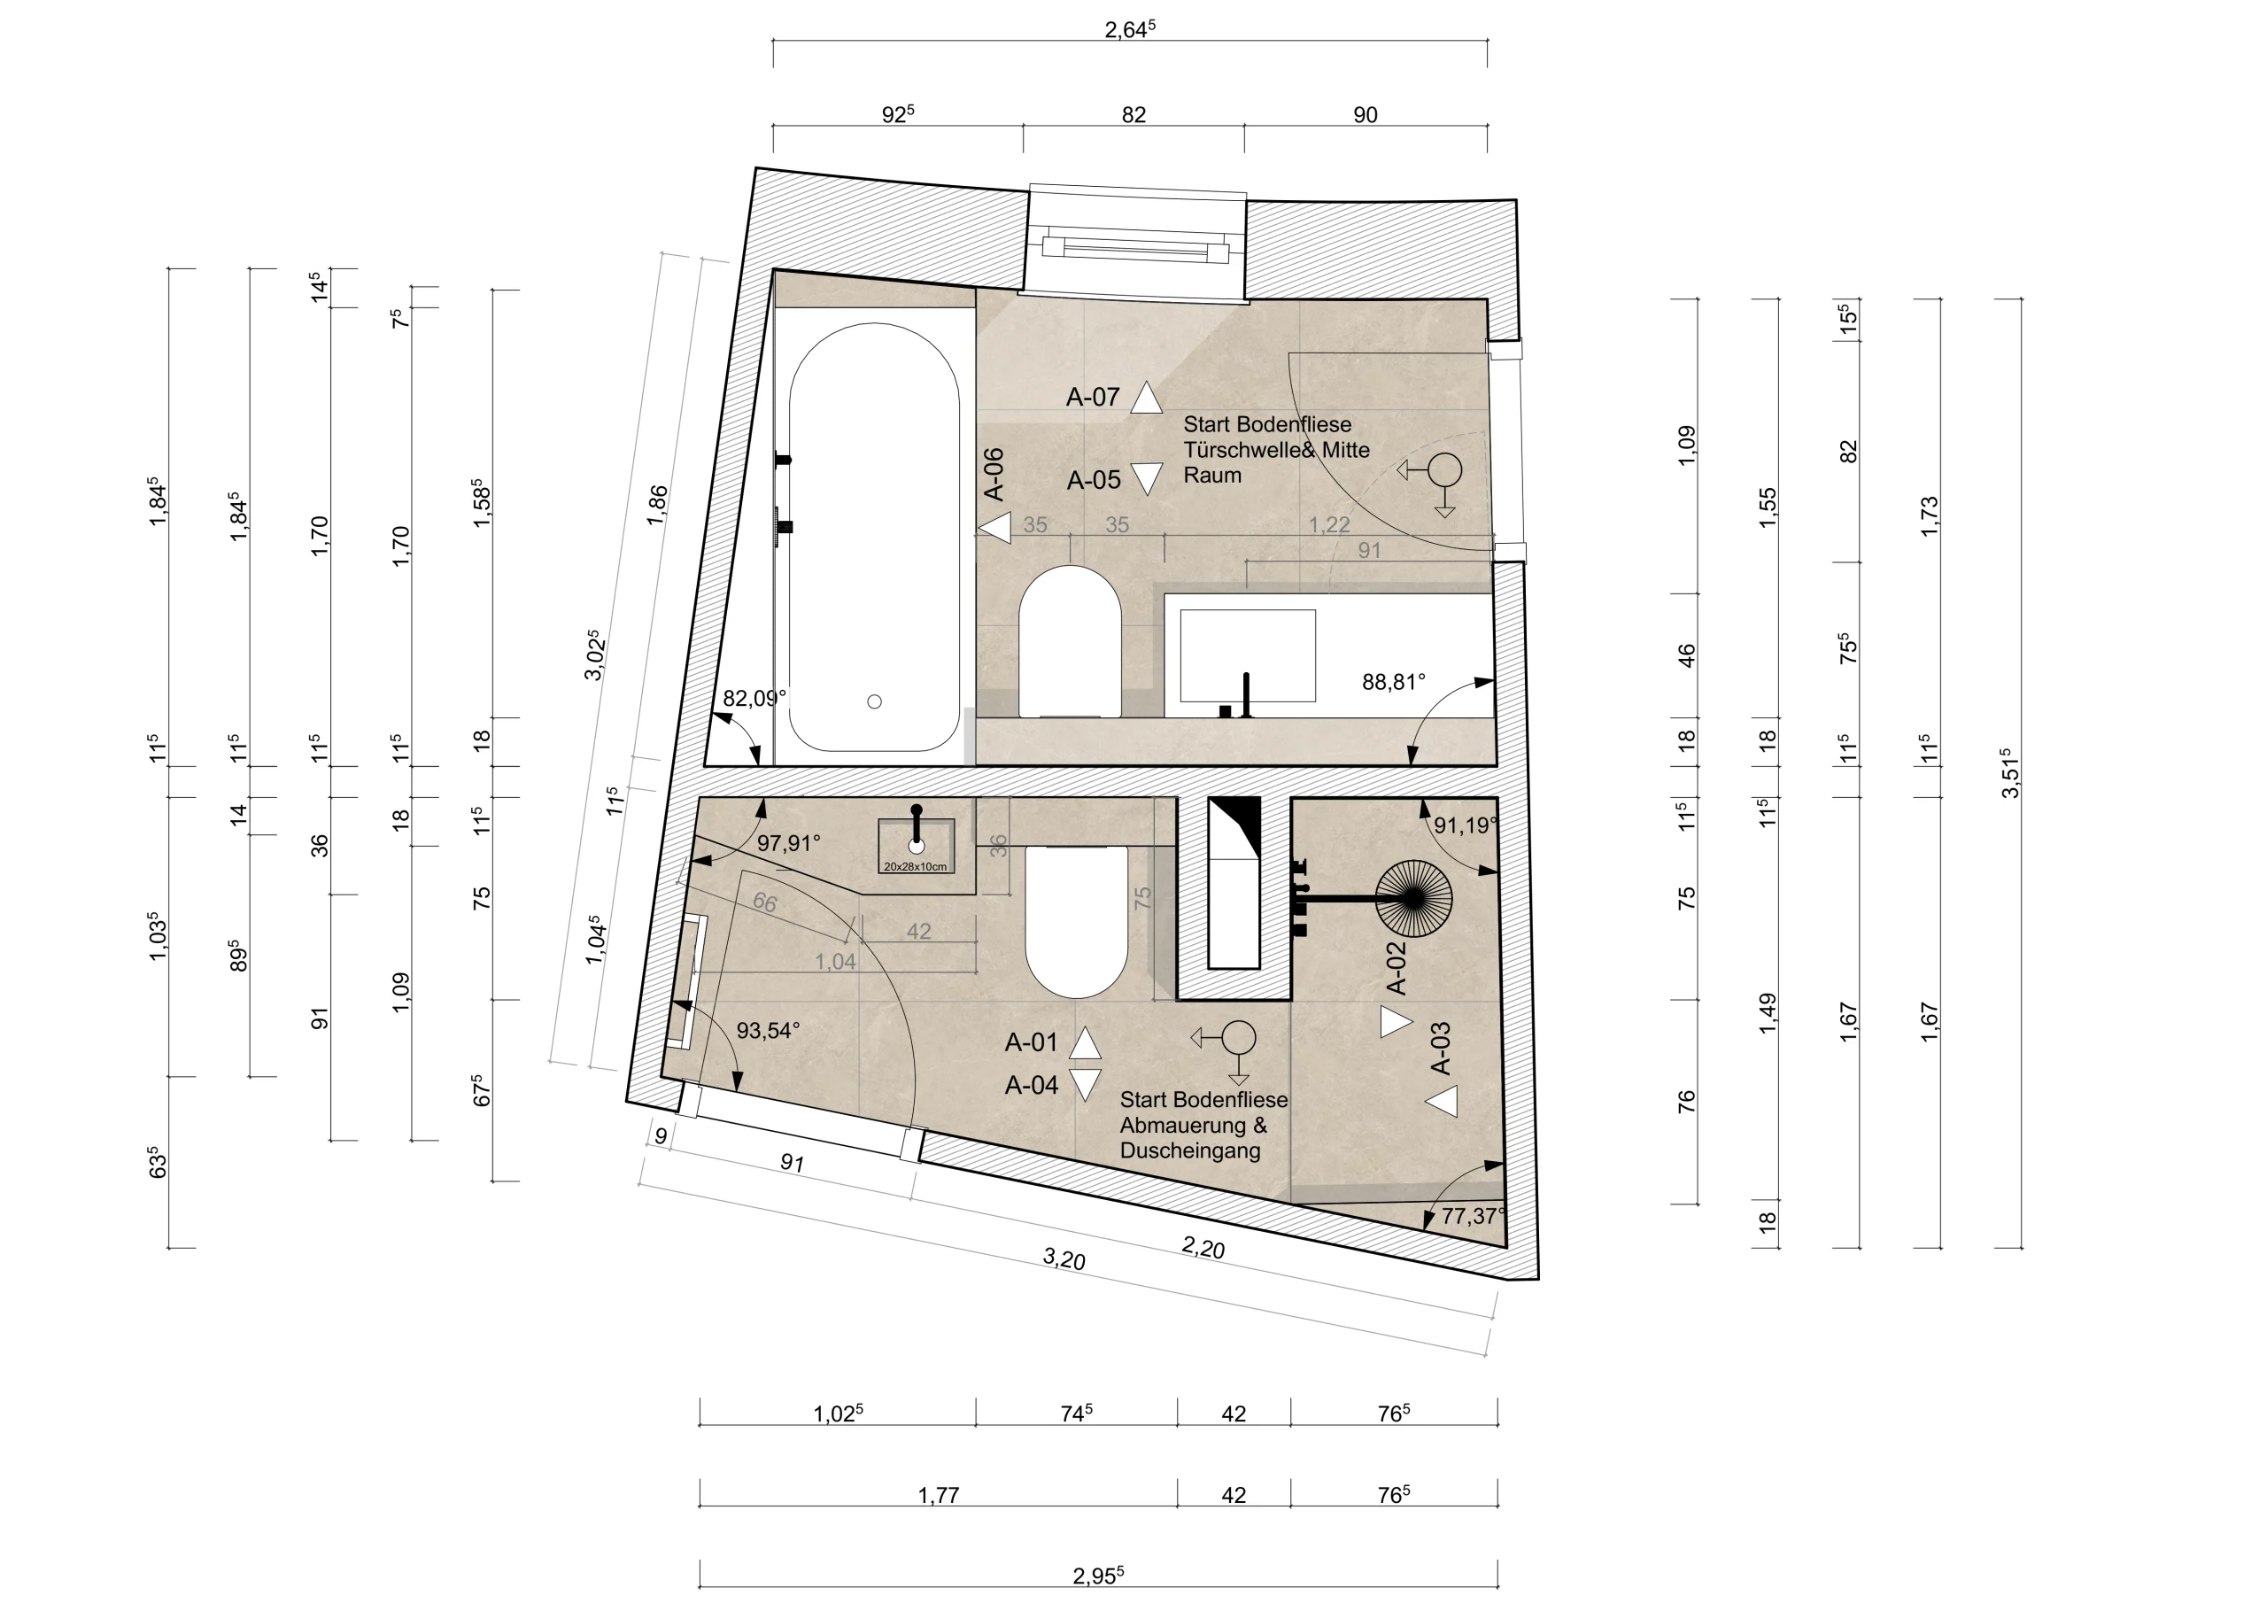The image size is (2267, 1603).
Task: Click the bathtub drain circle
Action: pyautogui.click(x=874, y=701)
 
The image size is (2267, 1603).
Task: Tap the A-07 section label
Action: pyautogui.click(x=1093, y=397)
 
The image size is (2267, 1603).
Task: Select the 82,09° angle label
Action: pyautogui.click(x=754, y=698)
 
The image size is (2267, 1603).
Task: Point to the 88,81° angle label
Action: pyautogui.click(x=1393, y=682)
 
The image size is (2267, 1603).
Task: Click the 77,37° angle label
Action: pyautogui.click(x=1474, y=1216)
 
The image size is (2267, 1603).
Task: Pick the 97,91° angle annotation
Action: pyautogui.click(x=789, y=842)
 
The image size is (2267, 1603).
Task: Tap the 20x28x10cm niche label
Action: pyautogui.click(x=916, y=867)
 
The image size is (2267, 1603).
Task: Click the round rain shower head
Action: pyautogui.click(x=1414, y=898)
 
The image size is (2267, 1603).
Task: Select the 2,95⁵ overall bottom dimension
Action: pyautogui.click(x=1098, y=1576)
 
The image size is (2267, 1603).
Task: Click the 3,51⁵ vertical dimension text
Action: pyautogui.click(x=2009, y=773)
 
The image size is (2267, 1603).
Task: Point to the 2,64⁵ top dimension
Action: pyautogui.click(x=1130, y=28)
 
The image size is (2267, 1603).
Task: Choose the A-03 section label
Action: pyautogui.click(x=1441, y=1048)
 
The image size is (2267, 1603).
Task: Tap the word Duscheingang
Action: pyautogui.click(x=1190, y=1150)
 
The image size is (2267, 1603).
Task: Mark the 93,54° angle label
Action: pyautogui.click(x=768, y=1030)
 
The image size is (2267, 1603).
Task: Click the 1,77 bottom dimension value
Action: pyautogui.click(x=938, y=1495)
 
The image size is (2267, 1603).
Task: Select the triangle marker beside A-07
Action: pyautogui.click(x=1145, y=397)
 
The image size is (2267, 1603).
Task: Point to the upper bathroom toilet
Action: pyautogui.click(x=1070, y=640)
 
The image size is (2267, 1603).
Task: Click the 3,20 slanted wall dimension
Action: pyautogui.click(x=1064, y=1258)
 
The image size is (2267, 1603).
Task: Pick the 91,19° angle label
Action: pyautogui.click(x=1466, y=825)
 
